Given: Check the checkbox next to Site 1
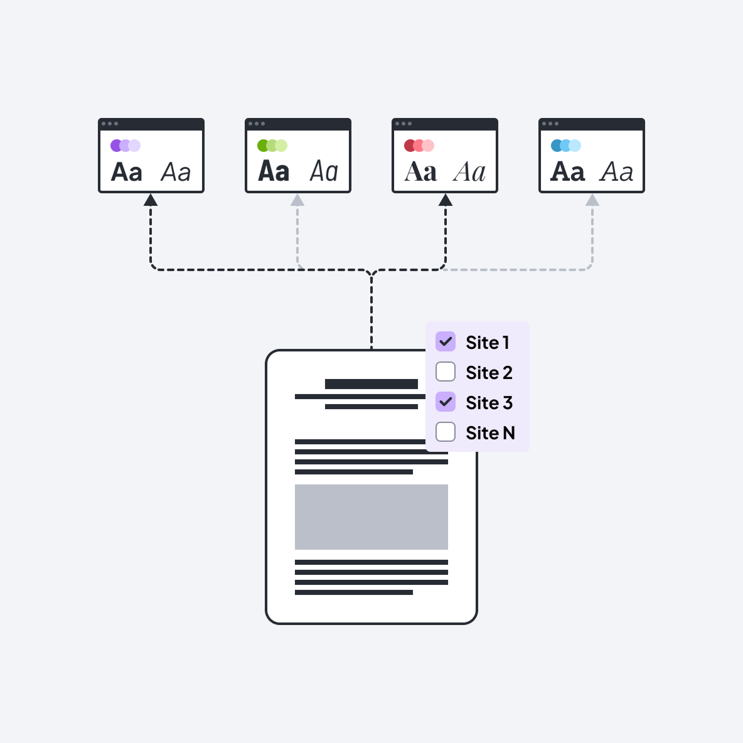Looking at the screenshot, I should click(446, 342).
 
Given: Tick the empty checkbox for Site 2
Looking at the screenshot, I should click(446, 372).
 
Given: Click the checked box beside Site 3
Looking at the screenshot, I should click(446, 402).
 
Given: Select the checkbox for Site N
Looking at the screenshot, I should click(446, 432).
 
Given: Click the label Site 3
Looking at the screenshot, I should click(489, 403).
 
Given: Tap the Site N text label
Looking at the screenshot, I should click(490, 433).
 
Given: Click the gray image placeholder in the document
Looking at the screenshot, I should click(371, 517).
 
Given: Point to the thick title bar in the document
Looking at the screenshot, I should click(371, 384).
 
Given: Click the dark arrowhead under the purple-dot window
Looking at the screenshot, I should click(151, 200).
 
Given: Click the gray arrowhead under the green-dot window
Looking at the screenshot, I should click(297, 200).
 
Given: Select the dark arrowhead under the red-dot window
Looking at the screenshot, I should click(446, 200).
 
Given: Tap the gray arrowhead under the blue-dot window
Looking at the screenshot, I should click(592, 200).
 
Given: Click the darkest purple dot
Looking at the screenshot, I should click(115, 146).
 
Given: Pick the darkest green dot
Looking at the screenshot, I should click(263, 146).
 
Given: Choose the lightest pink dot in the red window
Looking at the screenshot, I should click(429, 146).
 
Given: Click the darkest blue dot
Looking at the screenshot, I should click(556, 146).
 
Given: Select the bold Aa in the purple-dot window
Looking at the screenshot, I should click(127, 172).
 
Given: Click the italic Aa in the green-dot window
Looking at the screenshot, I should click(324, 171).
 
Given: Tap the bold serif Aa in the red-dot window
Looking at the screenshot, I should click(420, 172).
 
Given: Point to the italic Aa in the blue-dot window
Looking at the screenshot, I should click(617, 172).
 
